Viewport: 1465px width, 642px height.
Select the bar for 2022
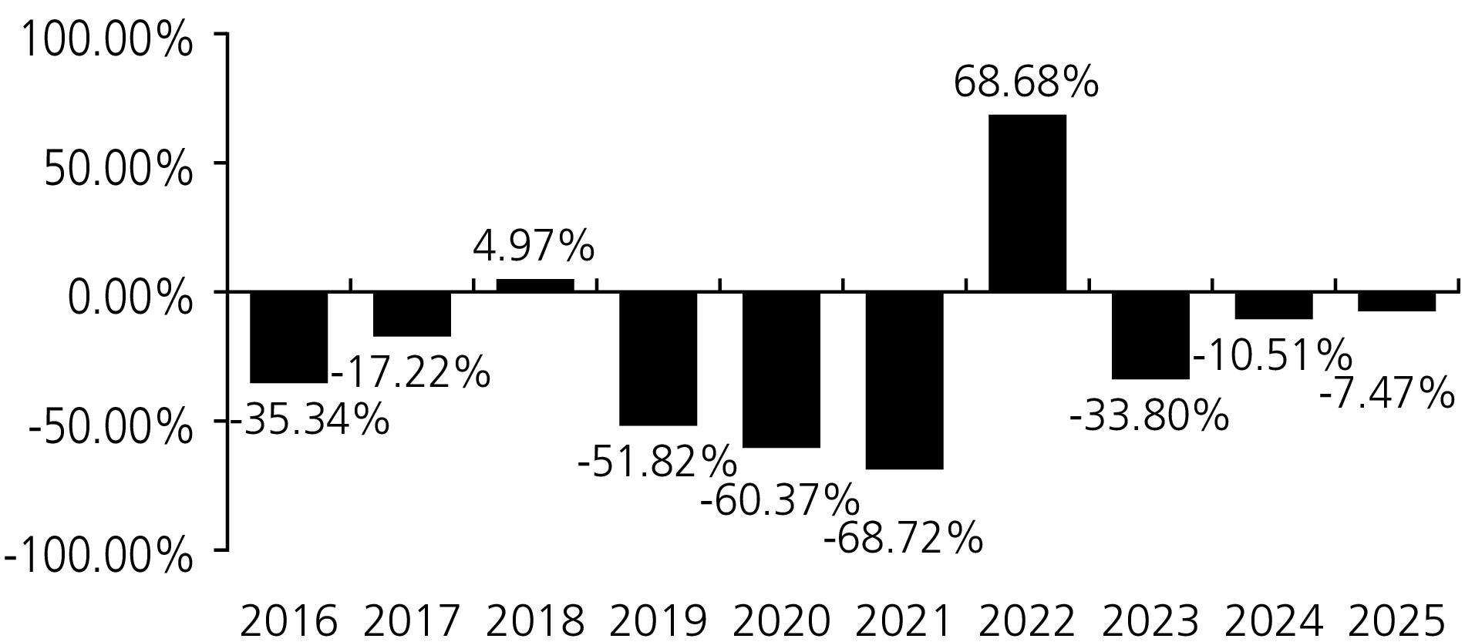click(x=1027, y=203)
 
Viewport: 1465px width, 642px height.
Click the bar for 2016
click(x=288, y=337)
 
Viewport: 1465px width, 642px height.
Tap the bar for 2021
click(x=904, y=380)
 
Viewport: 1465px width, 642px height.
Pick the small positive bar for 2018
click(x=535, y=285)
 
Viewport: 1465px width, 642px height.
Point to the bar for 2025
click(x=1396, y=301)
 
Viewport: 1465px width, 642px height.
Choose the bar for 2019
click(x=658, y=358)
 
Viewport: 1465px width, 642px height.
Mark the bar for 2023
click(x=1150, y=335)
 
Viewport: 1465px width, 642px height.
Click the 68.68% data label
click(x=1025, y=82)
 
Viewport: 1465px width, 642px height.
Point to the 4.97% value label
click(x=534, y=247)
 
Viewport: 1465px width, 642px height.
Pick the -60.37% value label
click(x=780, y=500)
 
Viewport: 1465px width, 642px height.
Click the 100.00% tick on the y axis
click(x=106, y=40)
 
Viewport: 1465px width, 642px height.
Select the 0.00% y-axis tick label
click(x=130, y=297)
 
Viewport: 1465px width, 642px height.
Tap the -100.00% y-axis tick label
click(x=98, y=556)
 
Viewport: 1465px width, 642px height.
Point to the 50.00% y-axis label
click(x=117, y=169)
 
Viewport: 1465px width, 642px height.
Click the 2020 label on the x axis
click(x=781, y=621)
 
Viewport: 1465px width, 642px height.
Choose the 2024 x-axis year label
click(x=1274, y=621)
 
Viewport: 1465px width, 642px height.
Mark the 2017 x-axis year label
click(x=411, y=621)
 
